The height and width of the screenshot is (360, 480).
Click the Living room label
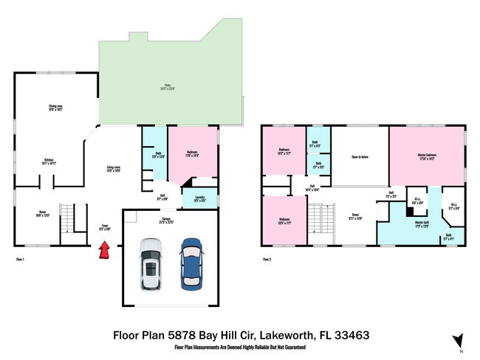click(x=113, y=169)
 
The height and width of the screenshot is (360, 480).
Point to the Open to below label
click(x=360, y=157)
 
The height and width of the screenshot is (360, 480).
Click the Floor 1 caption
click(x=20, y=259)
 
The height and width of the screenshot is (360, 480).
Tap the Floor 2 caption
click(x=267, y=259)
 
